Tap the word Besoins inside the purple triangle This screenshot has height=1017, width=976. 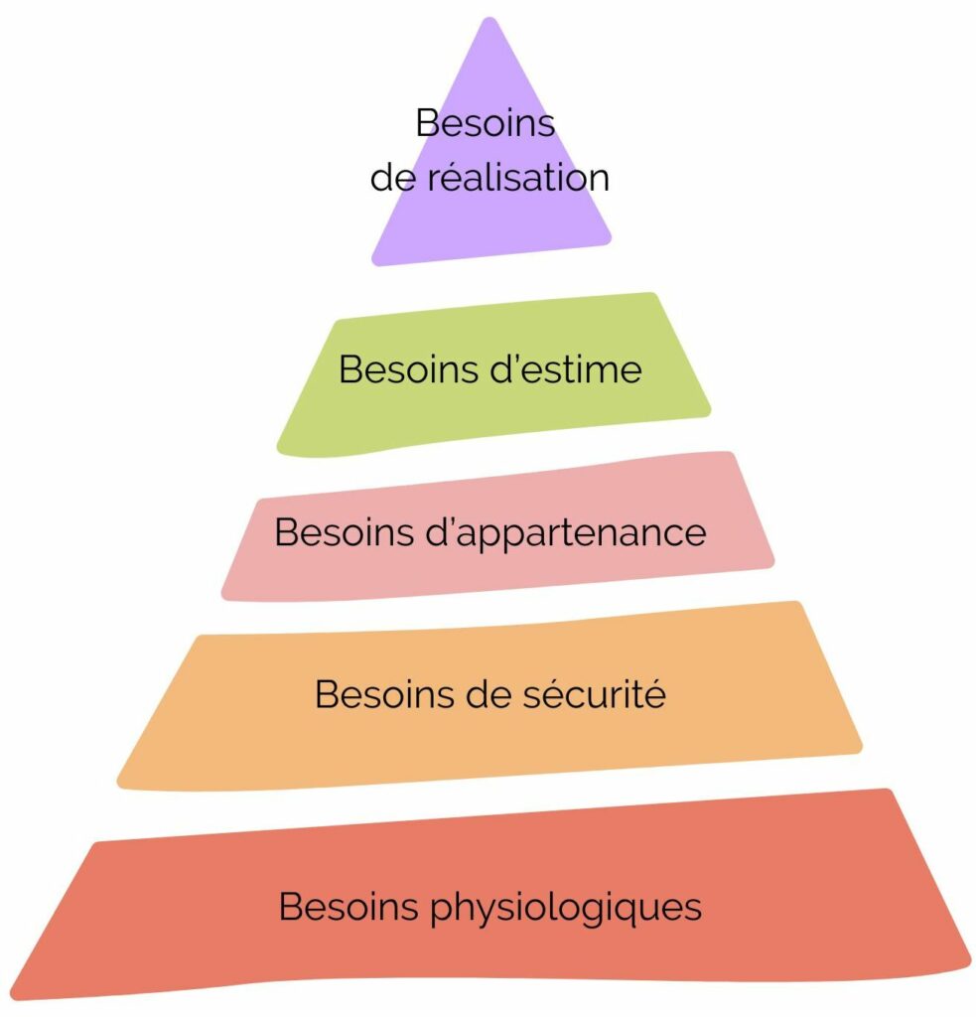(x=485, y=123)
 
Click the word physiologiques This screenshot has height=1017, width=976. (x=569, y=907)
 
